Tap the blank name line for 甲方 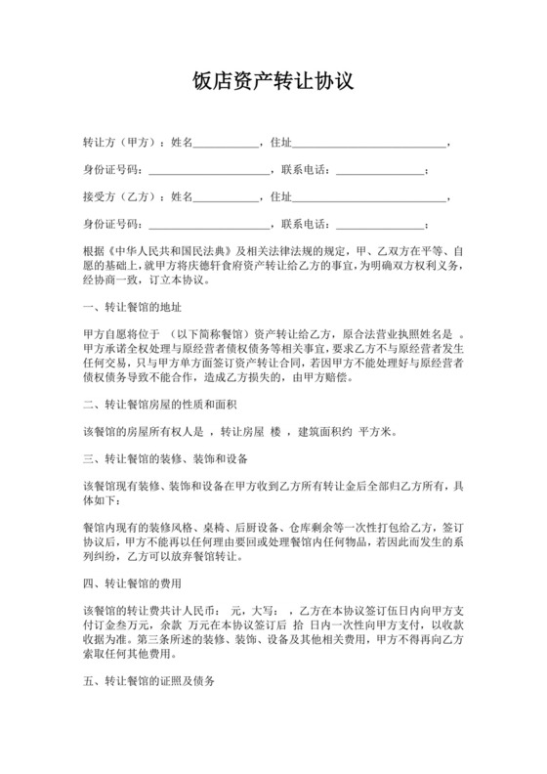227,145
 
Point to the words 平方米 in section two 377,431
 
